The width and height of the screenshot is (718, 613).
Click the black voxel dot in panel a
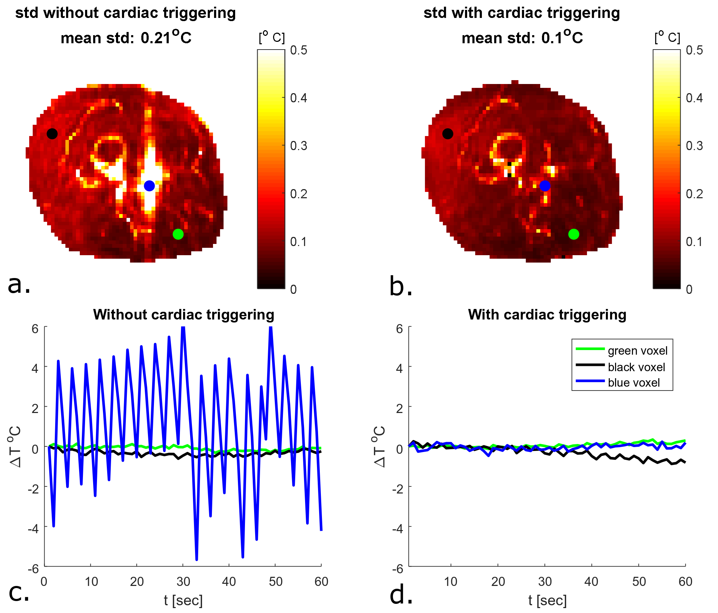pyautogui.click(x=52, y=134)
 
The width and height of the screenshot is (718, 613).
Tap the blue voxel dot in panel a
pyautogui.click(x=149, y=186)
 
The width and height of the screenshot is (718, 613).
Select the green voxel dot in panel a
pyautogui.click(x=178, y=234)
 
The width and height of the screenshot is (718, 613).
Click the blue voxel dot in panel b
pyautogui.click(x=545, y=186)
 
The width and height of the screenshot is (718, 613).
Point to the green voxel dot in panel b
pyautogui.click(x=574, y=234)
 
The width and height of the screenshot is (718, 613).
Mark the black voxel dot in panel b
pyautogui.click(x=448, y=134)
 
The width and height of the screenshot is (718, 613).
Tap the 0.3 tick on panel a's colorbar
pyautogui.click(x=299, y=146)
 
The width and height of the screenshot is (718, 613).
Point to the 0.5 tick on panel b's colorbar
pyautogui.click(x=694, y=50)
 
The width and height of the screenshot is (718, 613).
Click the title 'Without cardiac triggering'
pyautogui.click(x=183, y=315)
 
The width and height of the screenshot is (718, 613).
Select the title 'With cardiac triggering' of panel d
pyautogui.click(x=547, y=315)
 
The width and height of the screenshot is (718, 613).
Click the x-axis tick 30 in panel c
pyautogui.click(x=183, y=582)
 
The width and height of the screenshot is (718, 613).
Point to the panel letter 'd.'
pyautogui.click(x=401, y=595)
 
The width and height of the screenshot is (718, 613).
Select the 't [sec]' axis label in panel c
pyautogui.click(x=183, y=600)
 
